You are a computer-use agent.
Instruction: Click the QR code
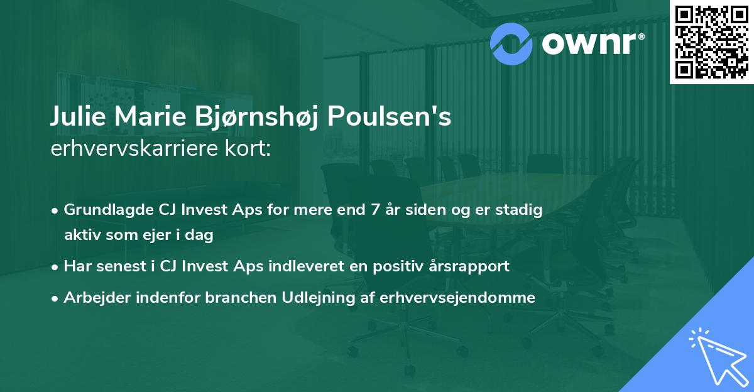pyautogui.click(x=711, y=41)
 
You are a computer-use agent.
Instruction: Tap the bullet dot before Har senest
pyautogui.click(x=56, y=266)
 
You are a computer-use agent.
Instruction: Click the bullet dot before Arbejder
pyautogui.click(x=56, y=298)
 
